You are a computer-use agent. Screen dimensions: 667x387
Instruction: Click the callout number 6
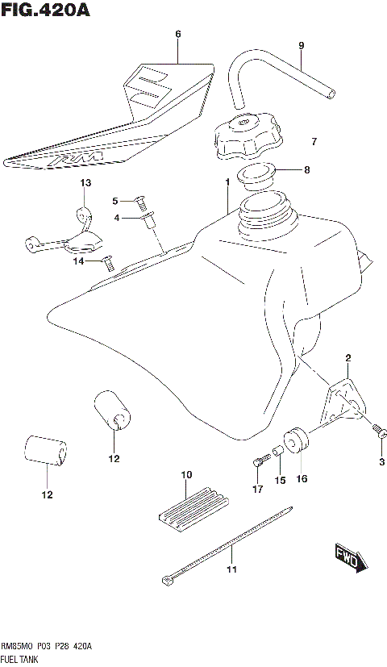click(x=178, y=34)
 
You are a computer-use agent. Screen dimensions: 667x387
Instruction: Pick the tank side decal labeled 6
click(x=113, y=121)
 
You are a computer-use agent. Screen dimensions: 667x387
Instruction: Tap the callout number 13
click(x=85, y=184)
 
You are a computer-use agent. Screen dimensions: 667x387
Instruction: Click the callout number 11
click(x=231, y=571)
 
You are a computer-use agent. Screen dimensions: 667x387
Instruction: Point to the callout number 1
click(x=228, y=183)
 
